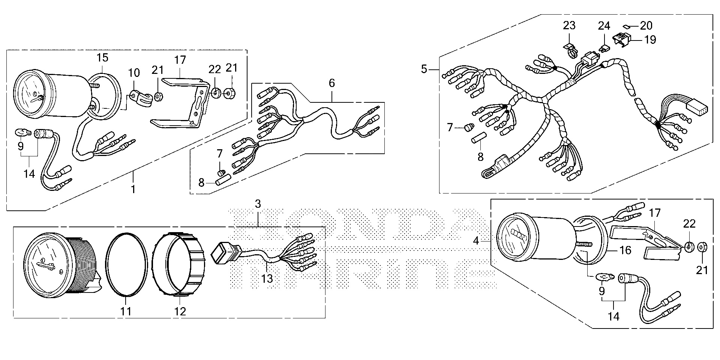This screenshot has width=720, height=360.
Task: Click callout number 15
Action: [x=102, y=58]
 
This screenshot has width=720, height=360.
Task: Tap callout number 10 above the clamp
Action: [x=134, y=72]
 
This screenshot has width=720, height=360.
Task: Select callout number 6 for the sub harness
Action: [x=332, y=83]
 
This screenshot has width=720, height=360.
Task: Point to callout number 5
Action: [x=424, y=69]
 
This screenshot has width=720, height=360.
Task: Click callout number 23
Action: [x=569, y=26]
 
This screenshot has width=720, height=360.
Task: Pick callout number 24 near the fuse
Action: [x=604, y=26]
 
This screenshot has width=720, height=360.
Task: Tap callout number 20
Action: [x=646, y=25]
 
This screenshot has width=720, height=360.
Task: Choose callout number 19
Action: [x=650, y=40]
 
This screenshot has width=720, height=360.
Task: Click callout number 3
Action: [x=258, y=204]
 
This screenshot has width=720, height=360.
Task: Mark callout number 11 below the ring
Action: [x=126, y=311]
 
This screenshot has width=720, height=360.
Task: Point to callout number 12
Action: [x=180, y=311]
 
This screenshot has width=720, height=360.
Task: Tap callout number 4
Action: [x=476, y=241]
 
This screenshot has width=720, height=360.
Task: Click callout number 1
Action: [x=133, y=189]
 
